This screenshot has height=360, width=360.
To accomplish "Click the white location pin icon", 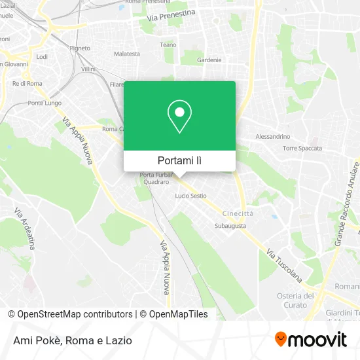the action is pyautogui.click(x=179, y=117).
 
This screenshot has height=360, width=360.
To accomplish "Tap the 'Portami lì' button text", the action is pyautogui.click(x=179, y=160).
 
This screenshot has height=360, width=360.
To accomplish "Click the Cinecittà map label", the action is pyautogui.click(x=238, y=213).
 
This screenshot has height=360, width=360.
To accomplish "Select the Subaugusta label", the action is pyautogui.click(x=230, y=226).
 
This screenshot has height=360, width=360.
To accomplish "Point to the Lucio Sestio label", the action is pyautogui.click(x=190, y=196).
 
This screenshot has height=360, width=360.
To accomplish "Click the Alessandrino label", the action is pyautogui.click(x=272, y=136).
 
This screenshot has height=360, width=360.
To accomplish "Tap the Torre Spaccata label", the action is pyautogui.click(x=302, y=148).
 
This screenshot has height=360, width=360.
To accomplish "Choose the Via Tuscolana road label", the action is pyautogui.click(x=284, y=265).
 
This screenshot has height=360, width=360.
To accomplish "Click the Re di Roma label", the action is pyautogui.click(x=27, y=83).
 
